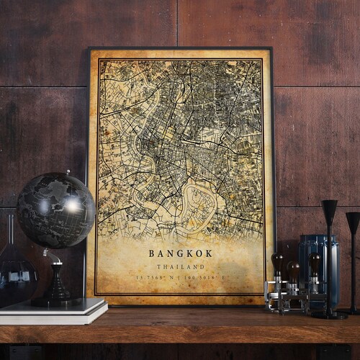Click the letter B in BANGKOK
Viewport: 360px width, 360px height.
point(153,253)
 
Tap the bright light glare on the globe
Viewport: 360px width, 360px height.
point(73,206)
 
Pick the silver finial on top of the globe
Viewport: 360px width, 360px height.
point(68,173)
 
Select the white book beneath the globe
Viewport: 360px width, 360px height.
point(54,308)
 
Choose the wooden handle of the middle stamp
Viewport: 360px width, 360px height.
point(293,269)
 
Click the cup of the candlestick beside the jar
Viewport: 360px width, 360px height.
point(329,210)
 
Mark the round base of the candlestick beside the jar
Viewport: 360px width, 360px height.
point(329,314)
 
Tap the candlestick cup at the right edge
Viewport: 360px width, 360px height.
point(353,221)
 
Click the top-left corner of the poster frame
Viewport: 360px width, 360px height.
point(89,50)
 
